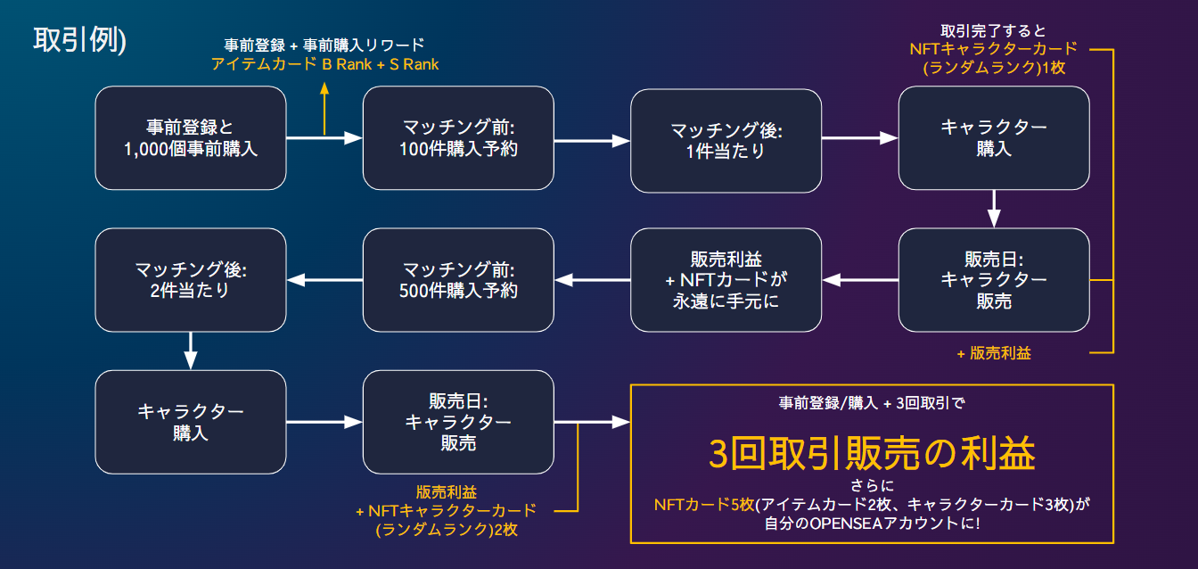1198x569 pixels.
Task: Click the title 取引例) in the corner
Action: tap(80, 40)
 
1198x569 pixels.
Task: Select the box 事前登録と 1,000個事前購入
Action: tap(191, 137)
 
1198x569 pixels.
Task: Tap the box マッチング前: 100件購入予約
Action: tap(458, 137)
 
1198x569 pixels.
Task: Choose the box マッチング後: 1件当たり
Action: tap(726, 137)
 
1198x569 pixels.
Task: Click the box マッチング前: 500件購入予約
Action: tap(458, 279)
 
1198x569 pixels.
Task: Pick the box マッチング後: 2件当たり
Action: tap(191, 279)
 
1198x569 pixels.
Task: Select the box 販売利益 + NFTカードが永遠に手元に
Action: tap(726, 279)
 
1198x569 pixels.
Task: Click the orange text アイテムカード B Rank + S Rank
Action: tap(324, 64)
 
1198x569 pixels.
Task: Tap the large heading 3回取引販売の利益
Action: tap(872, 454)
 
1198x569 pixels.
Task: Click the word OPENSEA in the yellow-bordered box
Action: tap(846, 524)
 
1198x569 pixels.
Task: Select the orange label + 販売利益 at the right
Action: tap(993, 353)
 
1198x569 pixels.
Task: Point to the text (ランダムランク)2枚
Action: tap(447, 529)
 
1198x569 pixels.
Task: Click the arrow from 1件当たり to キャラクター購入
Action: tap(858, 137)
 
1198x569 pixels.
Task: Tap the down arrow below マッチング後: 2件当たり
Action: tap(191, 350)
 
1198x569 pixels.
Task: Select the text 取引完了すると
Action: tap(993, 30)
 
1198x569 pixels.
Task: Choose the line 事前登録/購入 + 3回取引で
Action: tap(872, 402)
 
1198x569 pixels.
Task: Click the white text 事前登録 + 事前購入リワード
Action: tap(324, 45)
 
